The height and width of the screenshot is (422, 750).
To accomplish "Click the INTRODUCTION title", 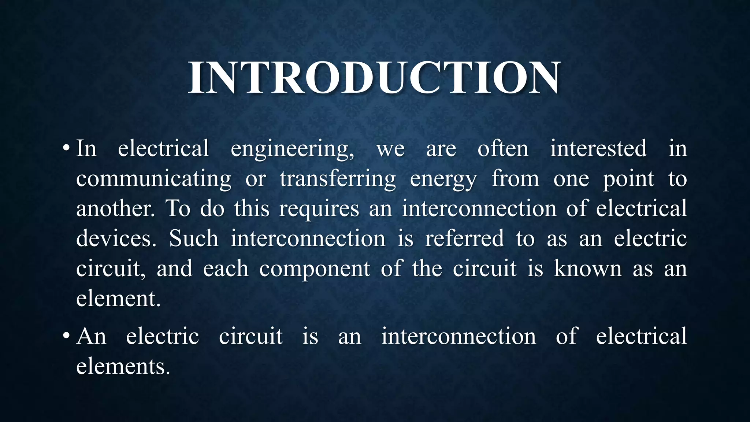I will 374,78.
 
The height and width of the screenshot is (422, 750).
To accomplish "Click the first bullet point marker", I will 66,149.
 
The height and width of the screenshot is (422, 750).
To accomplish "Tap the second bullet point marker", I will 66,336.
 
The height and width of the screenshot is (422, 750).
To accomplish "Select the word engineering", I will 292,149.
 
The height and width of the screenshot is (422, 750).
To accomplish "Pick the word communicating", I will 153,179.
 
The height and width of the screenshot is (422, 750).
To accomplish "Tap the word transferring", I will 338,179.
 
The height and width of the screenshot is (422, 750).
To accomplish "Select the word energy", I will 443,179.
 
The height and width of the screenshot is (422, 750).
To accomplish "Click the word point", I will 628,179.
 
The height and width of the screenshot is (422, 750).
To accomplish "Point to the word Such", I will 194,239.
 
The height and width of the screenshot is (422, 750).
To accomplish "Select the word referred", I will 464,239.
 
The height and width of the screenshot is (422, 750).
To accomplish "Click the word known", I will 587,269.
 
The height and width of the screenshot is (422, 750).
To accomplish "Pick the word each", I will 226,269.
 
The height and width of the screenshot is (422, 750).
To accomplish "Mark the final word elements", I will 123,366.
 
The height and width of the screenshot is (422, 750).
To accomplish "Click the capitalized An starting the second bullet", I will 91,336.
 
